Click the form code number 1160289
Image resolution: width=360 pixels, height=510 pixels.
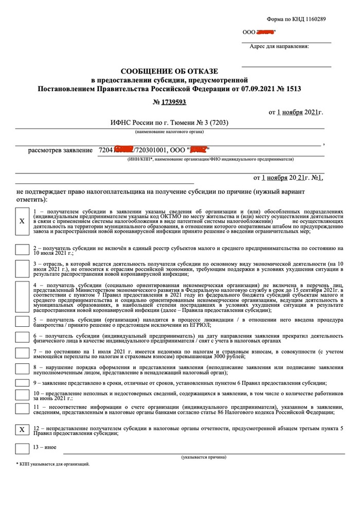click(314, 19)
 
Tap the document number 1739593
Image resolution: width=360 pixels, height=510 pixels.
click(173, 102)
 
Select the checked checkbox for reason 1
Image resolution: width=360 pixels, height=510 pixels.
click(22, 221)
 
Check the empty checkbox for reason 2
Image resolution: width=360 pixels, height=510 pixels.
click(22, 250)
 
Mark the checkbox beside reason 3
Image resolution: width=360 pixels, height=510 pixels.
click(22, 268)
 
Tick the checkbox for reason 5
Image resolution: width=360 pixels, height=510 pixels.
click(22, 321)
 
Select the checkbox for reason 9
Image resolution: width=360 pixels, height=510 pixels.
click(22, 383)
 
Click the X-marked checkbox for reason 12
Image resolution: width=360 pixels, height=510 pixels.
click(22, 429)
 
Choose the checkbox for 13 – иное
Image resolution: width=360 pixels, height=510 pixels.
click(22, 448)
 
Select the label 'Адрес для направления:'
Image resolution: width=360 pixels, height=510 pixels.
click(279, 46)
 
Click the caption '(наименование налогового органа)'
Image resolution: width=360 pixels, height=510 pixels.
click(170, 132)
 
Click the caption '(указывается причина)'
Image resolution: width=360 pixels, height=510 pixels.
click(203, 457)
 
